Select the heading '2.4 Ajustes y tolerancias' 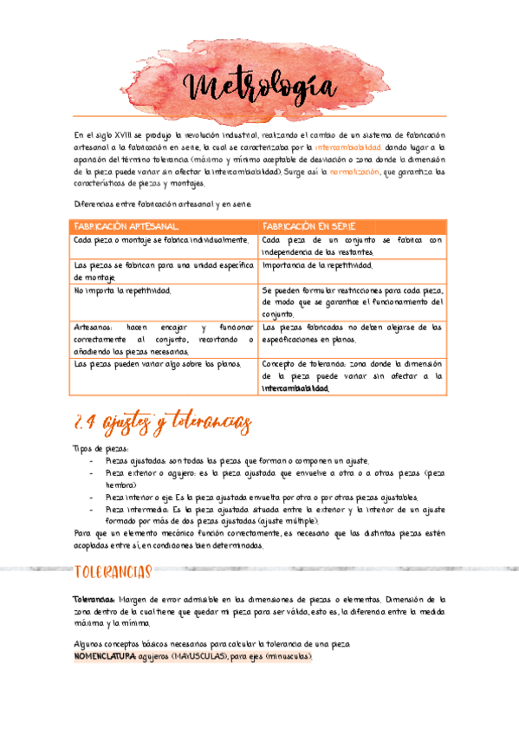click(163, 423)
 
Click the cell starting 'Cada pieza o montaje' click(160, 240)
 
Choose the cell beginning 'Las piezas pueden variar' click(151, 365)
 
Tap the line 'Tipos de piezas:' click(101, 448)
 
